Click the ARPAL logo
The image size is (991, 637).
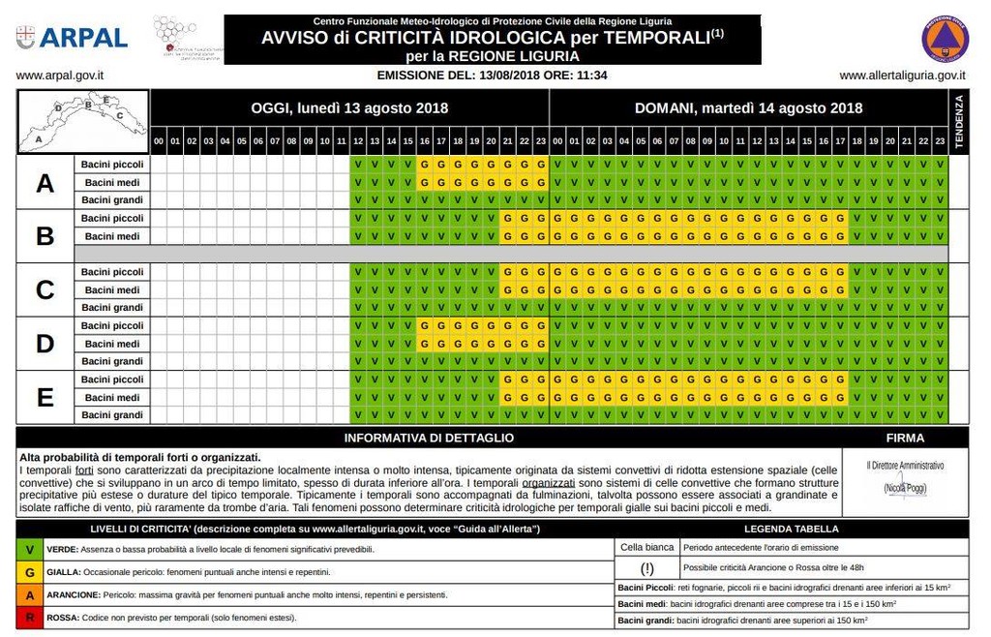coord(73,37)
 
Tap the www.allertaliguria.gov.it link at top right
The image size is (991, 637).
coord(902,75)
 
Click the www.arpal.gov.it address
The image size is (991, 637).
coord(60,75)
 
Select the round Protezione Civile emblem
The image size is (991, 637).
coord(945,37)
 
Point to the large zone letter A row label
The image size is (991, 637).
coord(45,183)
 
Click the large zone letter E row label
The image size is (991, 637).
coord(45,398)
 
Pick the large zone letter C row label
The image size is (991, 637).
coord(45,290)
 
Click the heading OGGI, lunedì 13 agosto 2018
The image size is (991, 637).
coord(349,108)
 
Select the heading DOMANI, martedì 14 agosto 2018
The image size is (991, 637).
coord(748,108)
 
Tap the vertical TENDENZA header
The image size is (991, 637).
coord(960,122)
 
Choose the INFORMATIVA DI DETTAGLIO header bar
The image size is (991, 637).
coord(429,439)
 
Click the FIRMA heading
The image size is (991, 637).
coord(905,439)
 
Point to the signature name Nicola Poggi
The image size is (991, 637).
coord(905,490)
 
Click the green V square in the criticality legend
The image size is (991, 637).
coord(30,549)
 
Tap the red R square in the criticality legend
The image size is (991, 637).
coord(30,618)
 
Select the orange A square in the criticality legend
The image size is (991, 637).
coord(30,594)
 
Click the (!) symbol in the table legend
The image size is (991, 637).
coord(647,567)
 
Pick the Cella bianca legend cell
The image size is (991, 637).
coord(646,547)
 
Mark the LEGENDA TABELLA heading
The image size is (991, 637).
coord(791,530)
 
